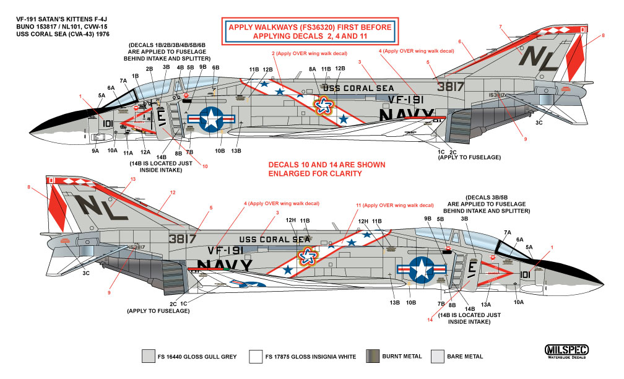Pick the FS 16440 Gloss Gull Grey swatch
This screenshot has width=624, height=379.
[x=149, y=356]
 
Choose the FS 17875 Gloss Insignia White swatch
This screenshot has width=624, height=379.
[x=255, y=356]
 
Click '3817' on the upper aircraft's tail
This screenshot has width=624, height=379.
[x=450, y=87]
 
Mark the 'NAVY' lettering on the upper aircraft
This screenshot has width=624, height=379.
[x=406, y=115]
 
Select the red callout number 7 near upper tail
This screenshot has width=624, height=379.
[x=500, y=27]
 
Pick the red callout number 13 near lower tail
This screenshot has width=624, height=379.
[x=132, y=180]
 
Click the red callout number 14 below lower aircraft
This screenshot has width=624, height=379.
[x=430, y=320]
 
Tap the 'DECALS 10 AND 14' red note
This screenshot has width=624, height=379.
[x=326, y=170]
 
